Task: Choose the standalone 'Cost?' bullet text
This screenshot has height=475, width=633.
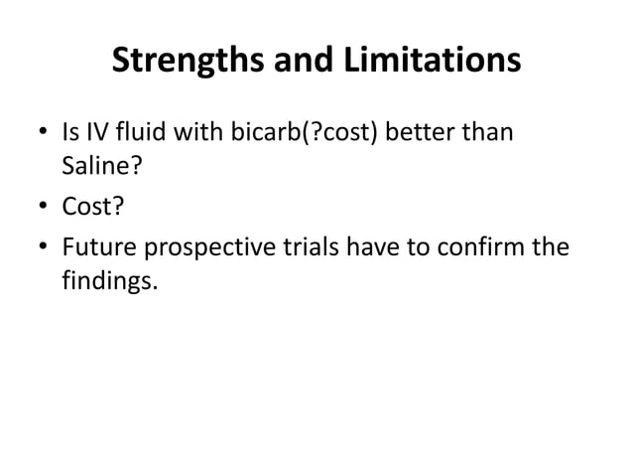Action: tap(91, 207)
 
